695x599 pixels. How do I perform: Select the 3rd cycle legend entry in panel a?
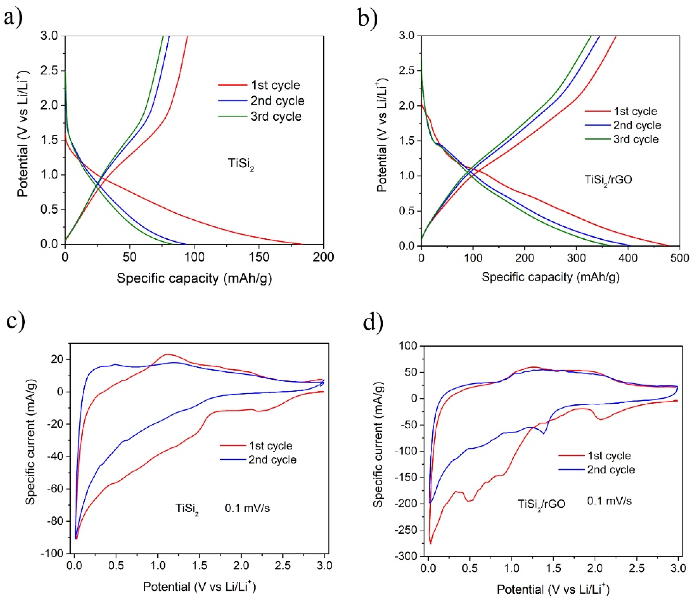tap(276, 117)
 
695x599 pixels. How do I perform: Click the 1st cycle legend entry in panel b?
tap(635, 111)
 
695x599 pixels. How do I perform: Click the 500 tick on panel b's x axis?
tap(679, 258)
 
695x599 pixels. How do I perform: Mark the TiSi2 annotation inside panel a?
tap(241, 164)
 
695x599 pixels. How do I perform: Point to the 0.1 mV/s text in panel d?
tap(609, 501)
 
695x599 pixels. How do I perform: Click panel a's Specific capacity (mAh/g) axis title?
tap(194, 278)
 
